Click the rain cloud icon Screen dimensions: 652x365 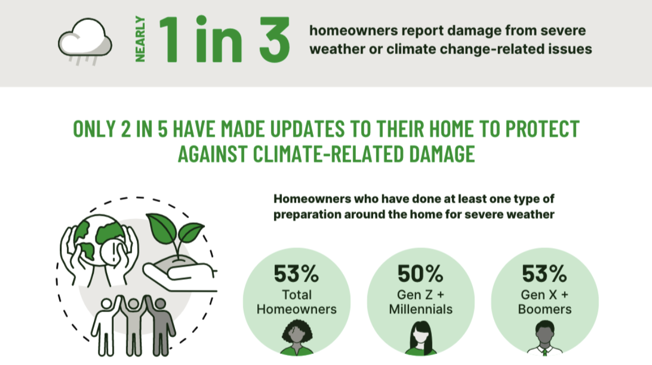(85, 41)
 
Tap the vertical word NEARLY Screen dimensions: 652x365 (140, 39)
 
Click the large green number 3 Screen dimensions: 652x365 (275, 39)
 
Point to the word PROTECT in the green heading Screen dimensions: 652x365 (542, 129)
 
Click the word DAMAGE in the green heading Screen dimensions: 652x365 (442, 154)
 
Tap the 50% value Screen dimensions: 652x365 (420, 274)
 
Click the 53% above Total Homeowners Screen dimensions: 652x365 (296, 274)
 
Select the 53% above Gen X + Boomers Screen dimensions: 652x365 (545, 274)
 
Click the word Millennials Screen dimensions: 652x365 (420, 309)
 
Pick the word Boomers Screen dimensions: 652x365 (545, 309)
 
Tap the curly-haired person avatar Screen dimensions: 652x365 (297, 338)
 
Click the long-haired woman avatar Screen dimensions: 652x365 (421, 338)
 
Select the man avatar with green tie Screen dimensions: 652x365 (545, 338)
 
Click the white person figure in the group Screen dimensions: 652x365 (106, 326)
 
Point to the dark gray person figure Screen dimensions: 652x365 (160, 326)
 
